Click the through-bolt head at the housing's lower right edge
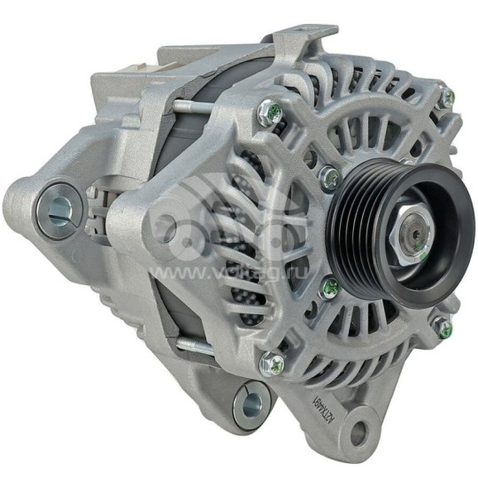coord(443,328)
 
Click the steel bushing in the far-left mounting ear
coord(60,207)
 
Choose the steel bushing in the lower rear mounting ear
coord(249,404)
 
